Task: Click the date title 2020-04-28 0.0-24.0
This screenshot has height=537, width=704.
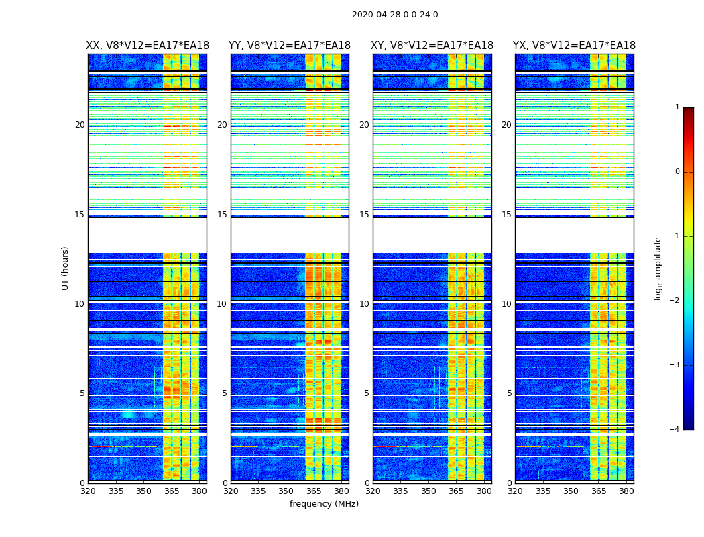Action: (x=395, y=15)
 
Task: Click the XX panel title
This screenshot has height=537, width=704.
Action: (x=148, y=46)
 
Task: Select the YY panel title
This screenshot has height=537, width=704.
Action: (x=290, y=46)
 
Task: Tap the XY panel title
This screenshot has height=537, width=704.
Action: (x=432, y=46)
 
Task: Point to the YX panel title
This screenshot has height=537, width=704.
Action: (x=575, y=46)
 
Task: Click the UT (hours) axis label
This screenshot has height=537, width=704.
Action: (x=66, y=268)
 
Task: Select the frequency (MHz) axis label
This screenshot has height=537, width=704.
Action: (x=324, y=504)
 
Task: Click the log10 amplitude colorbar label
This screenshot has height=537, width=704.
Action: (x=658, y=268)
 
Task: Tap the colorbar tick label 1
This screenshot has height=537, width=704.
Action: (x=677, y=107)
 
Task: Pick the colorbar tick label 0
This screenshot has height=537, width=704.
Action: (x=677, y=172)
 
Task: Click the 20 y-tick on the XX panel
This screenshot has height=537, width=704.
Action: (x=80, y=125)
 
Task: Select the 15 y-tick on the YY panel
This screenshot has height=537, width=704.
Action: (x=222, y=215)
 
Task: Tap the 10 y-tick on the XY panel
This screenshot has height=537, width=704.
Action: (x=364, y=304)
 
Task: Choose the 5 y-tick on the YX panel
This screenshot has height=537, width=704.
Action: (x=509, y=393)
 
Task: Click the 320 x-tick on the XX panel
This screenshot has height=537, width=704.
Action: (x=88, y=491)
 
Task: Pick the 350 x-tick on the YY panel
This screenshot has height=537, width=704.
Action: (x=286, y=491)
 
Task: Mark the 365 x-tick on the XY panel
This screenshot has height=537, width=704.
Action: (x=456, y=491)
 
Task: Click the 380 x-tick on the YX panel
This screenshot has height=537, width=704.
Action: (x=626, y=491)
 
